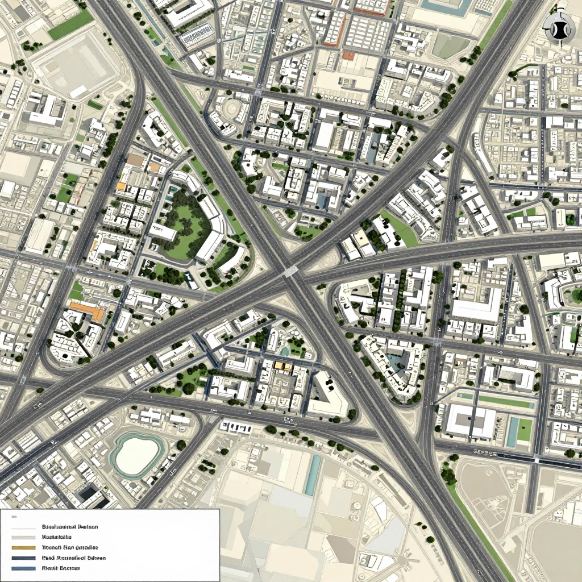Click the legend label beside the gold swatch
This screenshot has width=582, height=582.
68,547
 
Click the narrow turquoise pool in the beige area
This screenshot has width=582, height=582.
312,475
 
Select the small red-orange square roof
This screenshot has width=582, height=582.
348,56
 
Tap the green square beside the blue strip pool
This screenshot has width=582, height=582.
524,429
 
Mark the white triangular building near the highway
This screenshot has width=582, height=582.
329,395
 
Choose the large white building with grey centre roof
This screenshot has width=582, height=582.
471,421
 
